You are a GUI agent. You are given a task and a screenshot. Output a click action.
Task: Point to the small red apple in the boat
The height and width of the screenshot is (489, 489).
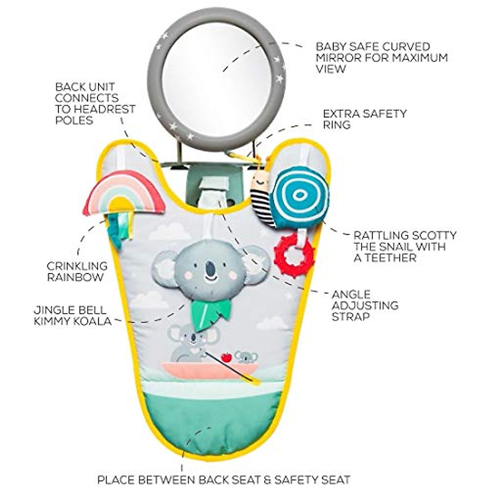226,357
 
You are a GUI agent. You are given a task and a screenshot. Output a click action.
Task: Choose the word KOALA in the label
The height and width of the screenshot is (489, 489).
92,321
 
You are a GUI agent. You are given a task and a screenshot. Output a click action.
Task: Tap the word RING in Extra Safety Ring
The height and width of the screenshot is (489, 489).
337,125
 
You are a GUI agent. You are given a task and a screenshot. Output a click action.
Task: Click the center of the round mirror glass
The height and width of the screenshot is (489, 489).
211,77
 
